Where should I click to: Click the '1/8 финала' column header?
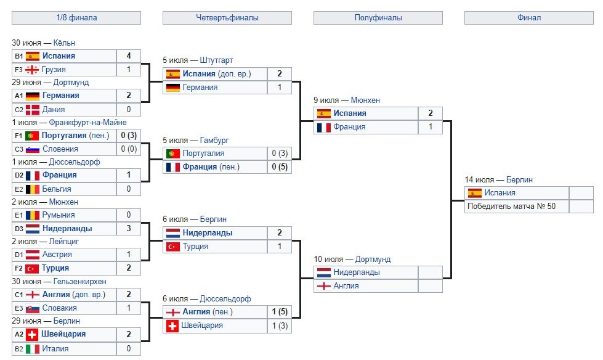(x=76, y=18)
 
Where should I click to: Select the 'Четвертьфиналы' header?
(x=227, y=18)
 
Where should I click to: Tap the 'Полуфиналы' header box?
(x=378, y=18)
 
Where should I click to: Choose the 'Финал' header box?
(x=528, y=18)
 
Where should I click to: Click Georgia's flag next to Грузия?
(x=33, y=70)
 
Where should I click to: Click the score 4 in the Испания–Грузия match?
(x=128, y=56)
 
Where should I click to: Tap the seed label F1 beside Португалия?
(x=18, y=136)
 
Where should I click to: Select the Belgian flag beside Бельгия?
(x=33, y=189)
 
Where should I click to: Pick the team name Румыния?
(x=59, y=215)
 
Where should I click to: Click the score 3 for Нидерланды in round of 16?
(x=128, y=229)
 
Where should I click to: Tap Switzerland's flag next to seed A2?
(x=33, y=334)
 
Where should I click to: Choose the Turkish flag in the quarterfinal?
(x=173, y=247)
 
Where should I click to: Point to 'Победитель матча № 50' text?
(x=511, y=207)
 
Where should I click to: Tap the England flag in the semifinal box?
(x=324, y=286)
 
